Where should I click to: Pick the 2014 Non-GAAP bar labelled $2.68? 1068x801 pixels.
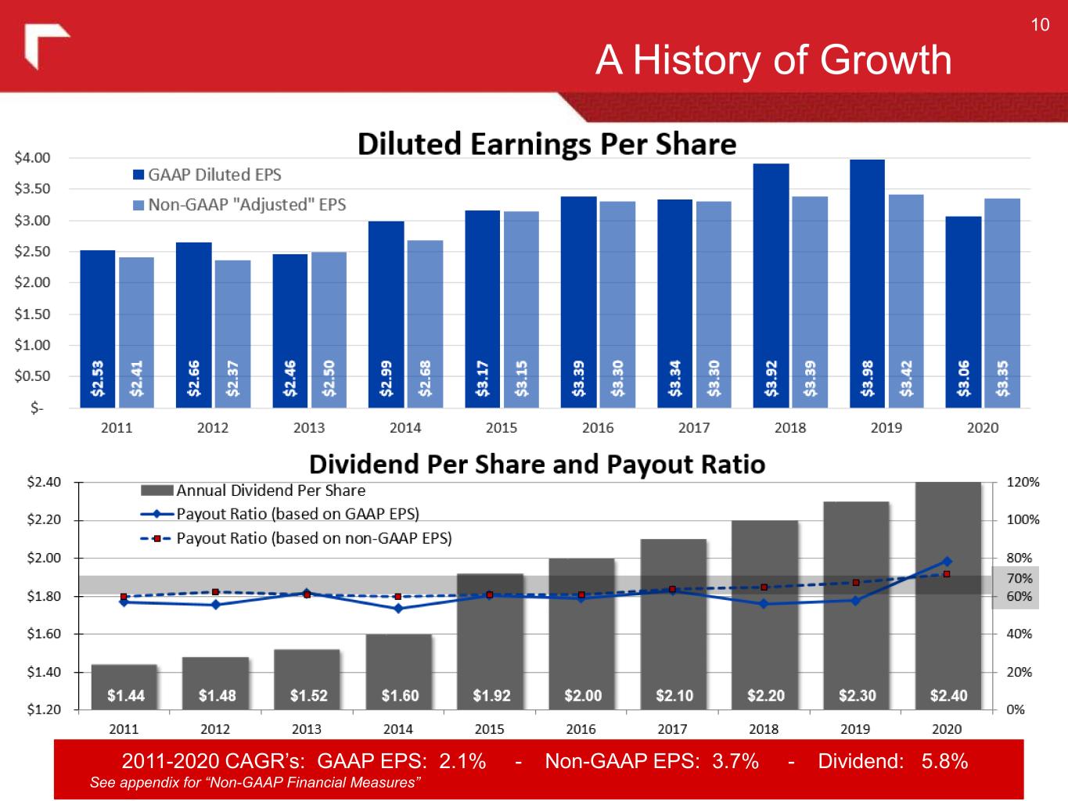click(x=425, y=324)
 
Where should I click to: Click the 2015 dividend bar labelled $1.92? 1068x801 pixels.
click(x=491, y=641)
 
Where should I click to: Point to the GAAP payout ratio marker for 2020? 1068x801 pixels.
click(x=947, y=561)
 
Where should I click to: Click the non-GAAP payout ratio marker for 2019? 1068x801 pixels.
click(x=855, y=583)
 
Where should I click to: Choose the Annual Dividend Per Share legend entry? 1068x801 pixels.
click(x=270, y=490)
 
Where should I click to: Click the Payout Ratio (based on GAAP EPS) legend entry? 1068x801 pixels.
click(x=297, y=514)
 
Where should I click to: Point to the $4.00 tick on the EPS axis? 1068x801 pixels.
click(x=33, y=157)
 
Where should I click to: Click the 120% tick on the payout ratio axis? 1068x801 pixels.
click(x=1023, y=482)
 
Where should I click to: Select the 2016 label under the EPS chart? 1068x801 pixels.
click(x=598, y=428)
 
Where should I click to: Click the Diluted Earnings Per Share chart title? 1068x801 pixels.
click(x=547, y=144)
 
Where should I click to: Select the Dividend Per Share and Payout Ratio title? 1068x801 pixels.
click(x=537, y=465)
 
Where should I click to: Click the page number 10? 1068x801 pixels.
click(x=1040, y=25)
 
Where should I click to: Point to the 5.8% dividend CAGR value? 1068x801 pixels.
click(x=944, y=761)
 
